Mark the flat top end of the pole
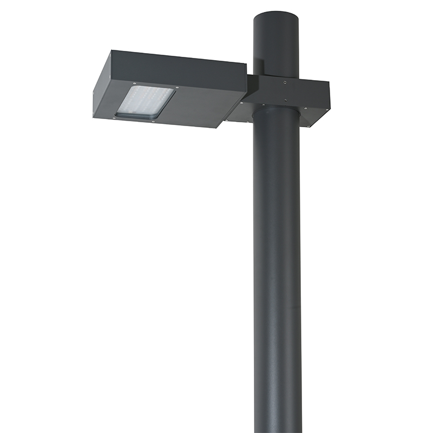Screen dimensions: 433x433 [x=276, y=15]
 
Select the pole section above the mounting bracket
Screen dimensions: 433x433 [x=276, y=49]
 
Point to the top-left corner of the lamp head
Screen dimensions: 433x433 [x=111, y=51]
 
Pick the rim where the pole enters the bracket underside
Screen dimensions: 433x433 [x=276, y=108]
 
